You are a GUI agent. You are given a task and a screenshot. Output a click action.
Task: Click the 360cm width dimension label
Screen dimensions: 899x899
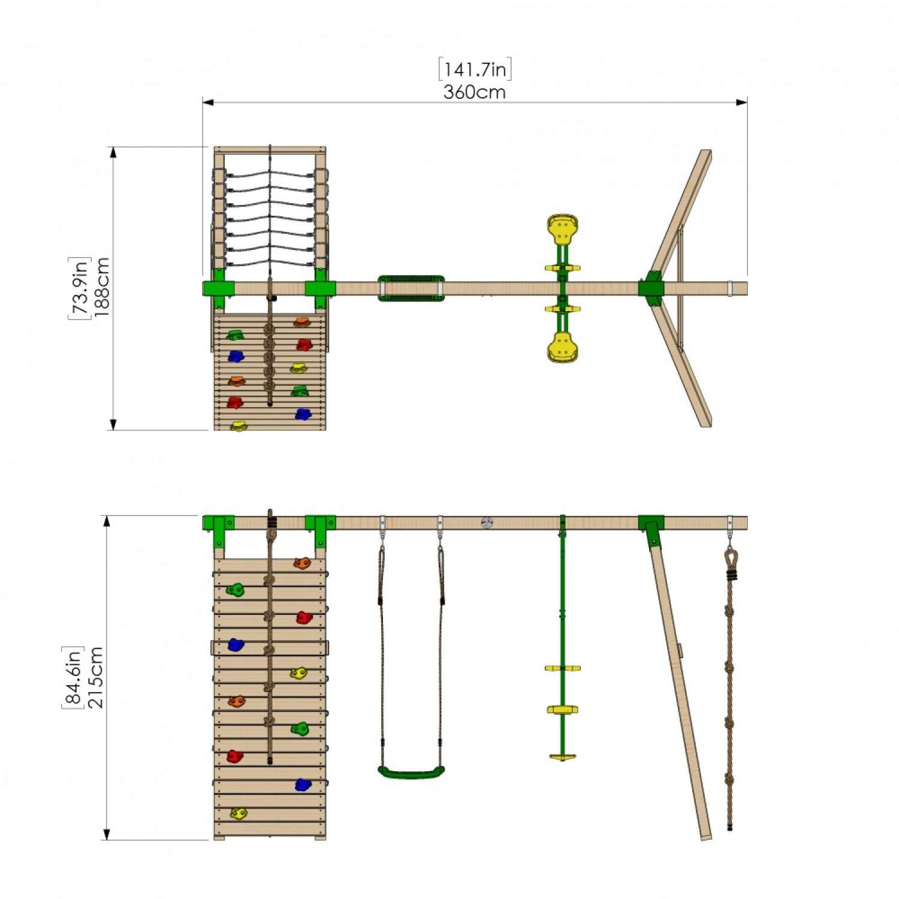point(474,92)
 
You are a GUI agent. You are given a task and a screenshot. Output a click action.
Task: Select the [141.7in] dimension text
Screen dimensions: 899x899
point(475,70)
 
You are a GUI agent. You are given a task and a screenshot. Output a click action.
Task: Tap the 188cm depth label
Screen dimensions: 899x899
point(101,287)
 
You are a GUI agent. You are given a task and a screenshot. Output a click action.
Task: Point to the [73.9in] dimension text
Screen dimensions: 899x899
point(79,288)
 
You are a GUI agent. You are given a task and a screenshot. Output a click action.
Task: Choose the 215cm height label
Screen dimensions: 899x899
point(95,677)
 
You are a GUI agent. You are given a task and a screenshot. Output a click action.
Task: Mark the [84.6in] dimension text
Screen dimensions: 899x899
point(73,677)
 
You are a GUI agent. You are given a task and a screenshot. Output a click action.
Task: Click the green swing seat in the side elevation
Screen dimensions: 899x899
point(411,772)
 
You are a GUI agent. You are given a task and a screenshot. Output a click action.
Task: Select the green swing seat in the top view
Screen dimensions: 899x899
point(411,288)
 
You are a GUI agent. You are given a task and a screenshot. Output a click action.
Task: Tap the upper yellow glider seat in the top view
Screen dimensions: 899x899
point(562,228)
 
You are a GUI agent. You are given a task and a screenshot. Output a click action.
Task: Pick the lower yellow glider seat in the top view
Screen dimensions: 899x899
point(562,348)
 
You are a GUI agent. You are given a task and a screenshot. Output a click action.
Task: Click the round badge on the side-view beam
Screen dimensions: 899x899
point(487,523)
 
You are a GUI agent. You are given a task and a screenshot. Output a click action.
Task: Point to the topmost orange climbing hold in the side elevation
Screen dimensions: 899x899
point(302,563)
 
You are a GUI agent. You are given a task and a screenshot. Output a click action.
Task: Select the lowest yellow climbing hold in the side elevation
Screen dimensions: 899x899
point(239,813)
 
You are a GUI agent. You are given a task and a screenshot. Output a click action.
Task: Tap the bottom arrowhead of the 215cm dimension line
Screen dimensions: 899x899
point(107,834)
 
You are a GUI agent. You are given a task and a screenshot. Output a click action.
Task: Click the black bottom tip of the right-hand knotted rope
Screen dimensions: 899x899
point(730,828)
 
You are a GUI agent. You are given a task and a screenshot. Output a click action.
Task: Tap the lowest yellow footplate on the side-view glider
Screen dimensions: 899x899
point(562,756)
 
